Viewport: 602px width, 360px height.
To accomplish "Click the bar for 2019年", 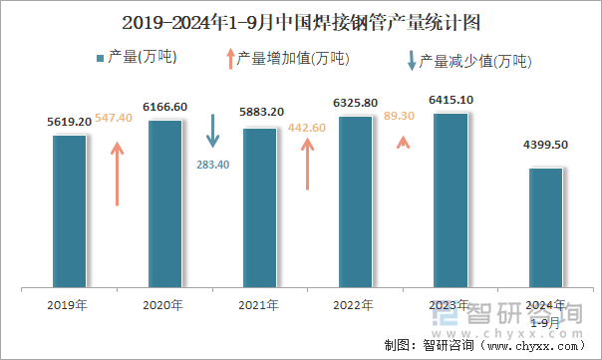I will [x=70, y=210].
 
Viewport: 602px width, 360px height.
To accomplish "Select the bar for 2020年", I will [x=164, y=203].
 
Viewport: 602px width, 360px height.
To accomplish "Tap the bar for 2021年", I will [x=259, y=207].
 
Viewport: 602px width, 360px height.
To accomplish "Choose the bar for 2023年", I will [x=451, y=199].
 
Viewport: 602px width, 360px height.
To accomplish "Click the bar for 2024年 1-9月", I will [x=545, y=227].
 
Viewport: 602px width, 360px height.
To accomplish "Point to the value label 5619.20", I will [x=70, y=122].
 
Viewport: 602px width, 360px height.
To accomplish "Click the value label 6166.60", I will [x=165, y=106].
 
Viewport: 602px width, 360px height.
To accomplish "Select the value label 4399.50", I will [x=545, y=146].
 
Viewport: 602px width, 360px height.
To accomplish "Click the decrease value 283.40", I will [x=209, y=165].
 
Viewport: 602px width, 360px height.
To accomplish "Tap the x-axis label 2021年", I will [x=260, y=305].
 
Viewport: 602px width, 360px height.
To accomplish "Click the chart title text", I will [x=300, y=21].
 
